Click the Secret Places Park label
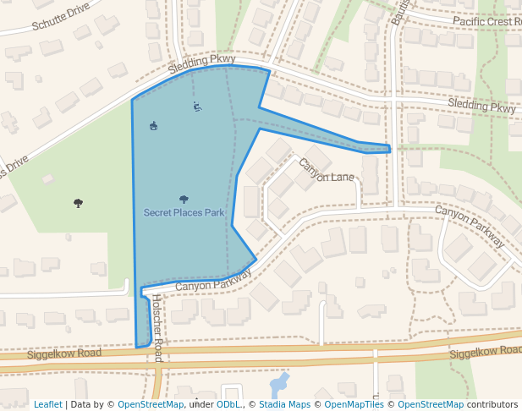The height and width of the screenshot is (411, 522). pyautogui.click(x=184, y=212)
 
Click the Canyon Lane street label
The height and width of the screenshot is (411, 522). pyautogui.click(x=327, y=171)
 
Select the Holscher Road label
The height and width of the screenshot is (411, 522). pyautogui.click(x=157, y=326)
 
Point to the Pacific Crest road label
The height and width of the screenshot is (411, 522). pyautogui.click(x=486, y=20)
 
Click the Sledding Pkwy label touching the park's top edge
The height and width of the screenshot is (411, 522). pyautogui.click(x=201, y=60)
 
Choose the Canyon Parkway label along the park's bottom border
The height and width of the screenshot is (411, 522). pyautogui.click(x=214, y=281)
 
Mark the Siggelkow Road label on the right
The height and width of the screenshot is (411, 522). pyautogui.click(x=486, y=352)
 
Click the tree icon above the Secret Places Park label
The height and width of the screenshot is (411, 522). pyautogui.click(x=184, y=200)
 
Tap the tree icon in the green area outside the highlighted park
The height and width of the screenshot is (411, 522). pyautogui.click(x=78, y=203)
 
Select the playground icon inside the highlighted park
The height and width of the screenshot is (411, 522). pyautogui.click(x=153, y=127)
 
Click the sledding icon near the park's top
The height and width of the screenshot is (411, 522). pyautogui.click(x=197, y=107)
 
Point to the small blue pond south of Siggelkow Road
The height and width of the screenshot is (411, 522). pyautogui.click(x=278, y=386)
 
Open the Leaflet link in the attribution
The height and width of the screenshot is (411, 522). pyautogui.click(x=47, y=404)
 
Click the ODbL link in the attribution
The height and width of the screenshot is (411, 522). pyautogui.click(x=228, y=404)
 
